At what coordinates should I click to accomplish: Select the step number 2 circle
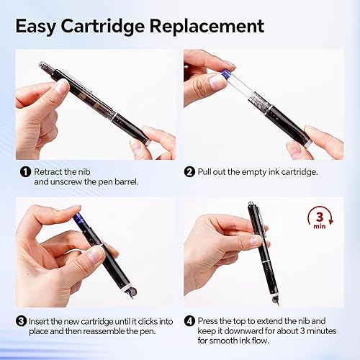(190, 171)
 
